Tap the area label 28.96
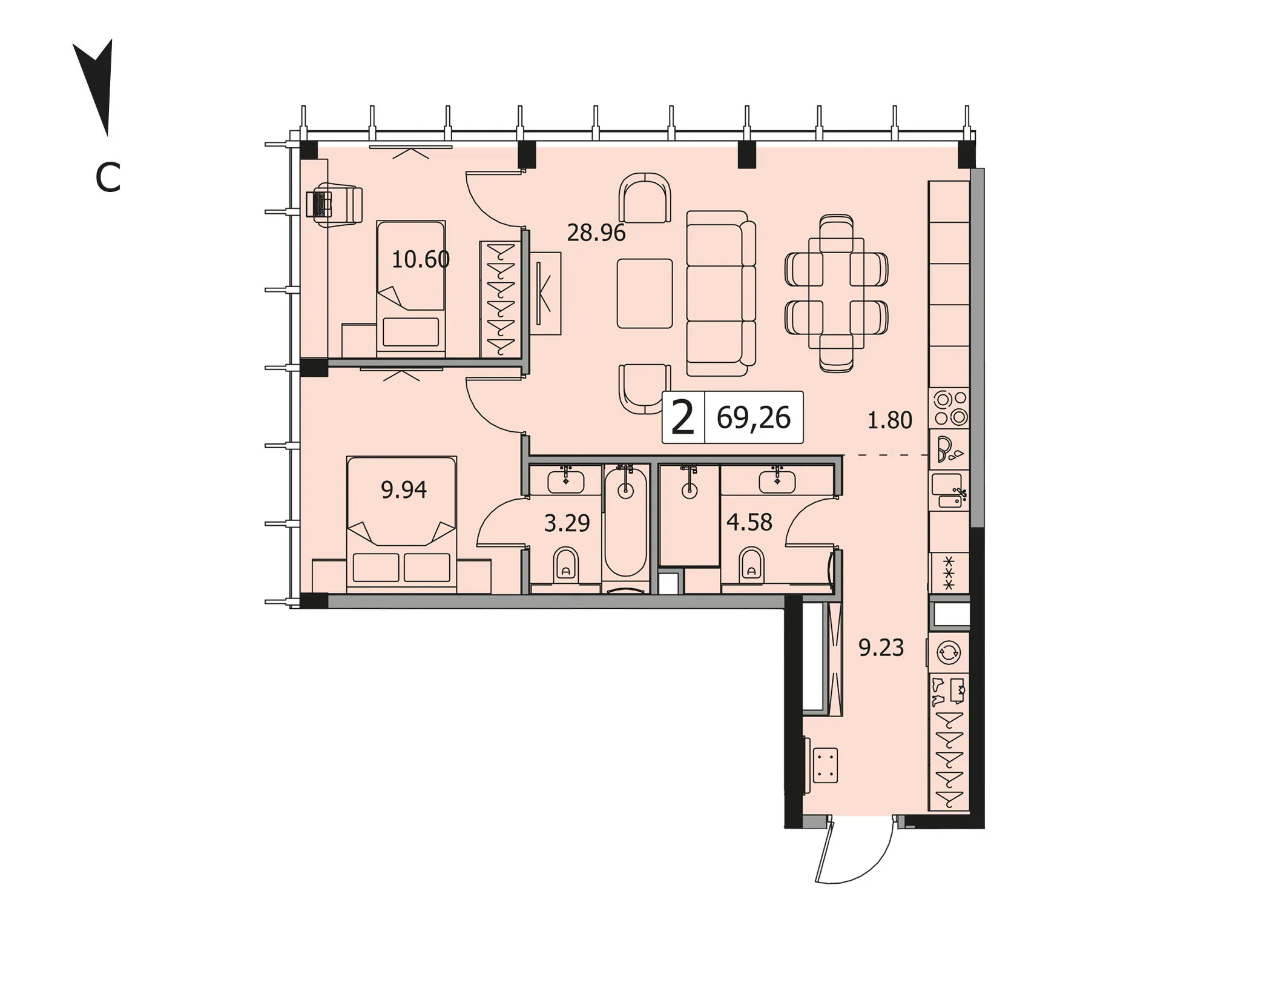click(x=596, y=233)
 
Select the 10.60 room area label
click(x=421, y=259)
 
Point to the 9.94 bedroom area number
click(x=404, y=489)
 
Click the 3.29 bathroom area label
click(x=567, y=523)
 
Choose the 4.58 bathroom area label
click(x=749, y=522)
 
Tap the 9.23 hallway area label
click(x=881, y=648)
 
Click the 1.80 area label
click(x=889, y=420)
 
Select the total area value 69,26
click(x=754, y=418)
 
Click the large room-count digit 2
click(x=683, y=418)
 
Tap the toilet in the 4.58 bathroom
click(x=751, y=564)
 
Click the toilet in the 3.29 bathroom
click(x=566, y=564)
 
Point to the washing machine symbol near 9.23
click(x=949, y=652)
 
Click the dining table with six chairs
click(x=837, y=293)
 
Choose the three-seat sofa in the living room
click(x=721, y=293)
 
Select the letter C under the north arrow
click(x=108, y=178)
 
